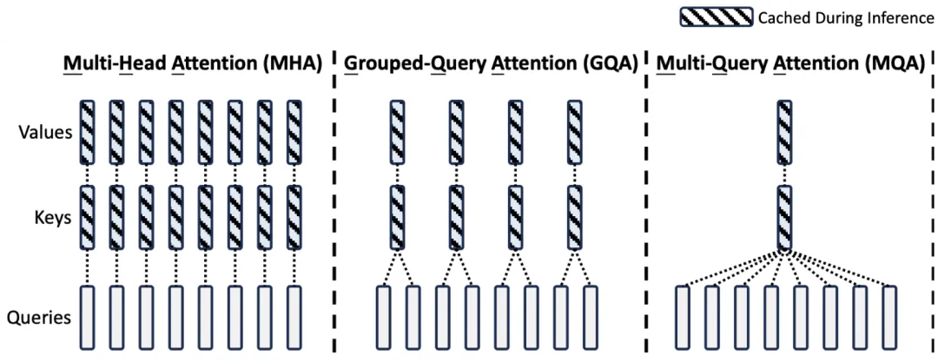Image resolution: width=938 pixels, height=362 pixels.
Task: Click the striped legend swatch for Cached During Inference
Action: pos(716,17)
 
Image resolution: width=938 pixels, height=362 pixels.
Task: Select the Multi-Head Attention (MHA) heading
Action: pos(192,63)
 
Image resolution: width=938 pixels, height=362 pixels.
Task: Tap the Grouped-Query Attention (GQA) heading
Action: pos(492,63)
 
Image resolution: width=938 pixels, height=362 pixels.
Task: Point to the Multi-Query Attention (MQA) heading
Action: pos(790,63)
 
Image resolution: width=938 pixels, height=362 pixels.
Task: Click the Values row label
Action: pos(45,133)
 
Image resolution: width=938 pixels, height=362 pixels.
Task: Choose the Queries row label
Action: pos(39,317)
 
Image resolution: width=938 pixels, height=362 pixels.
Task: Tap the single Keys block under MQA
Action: pos(785,217)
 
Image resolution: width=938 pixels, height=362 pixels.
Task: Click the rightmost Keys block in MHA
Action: pos(294,217)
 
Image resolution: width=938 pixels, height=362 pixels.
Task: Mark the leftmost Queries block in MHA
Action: pos(87,317)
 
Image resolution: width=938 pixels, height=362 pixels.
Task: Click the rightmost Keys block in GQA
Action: pos(574,217)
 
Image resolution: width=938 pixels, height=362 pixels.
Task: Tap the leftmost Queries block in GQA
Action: pos(383,317)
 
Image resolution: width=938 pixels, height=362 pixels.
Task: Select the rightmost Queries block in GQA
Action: pos(591,317)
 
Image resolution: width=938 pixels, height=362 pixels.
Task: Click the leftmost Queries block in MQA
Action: pos(683,317)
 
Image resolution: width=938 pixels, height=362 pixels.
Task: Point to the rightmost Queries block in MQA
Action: pos(888,317)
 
